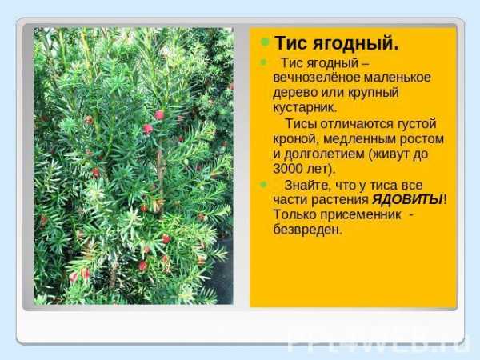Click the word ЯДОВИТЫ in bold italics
(407, 200)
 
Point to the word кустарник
(305, 108)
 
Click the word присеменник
(361, 214)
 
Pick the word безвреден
(307, 230)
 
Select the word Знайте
(308, 186)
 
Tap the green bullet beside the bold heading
(265, 42)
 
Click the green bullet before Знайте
(263, 184)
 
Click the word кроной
(296, 139)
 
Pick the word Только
(294, 214)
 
